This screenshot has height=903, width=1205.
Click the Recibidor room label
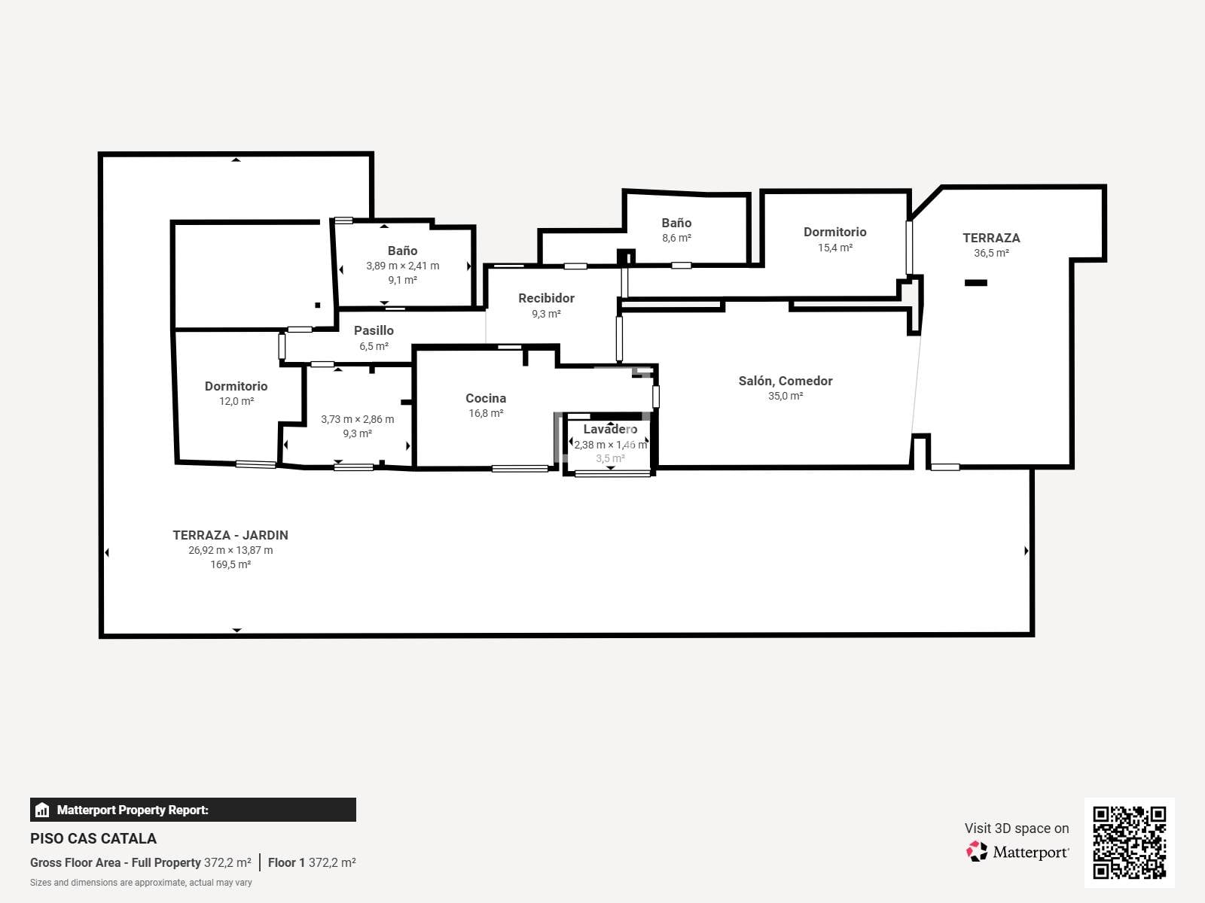[x=546, y=298]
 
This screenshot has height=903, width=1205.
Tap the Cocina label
[x=486, y=399]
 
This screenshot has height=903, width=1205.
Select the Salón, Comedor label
[x=785, y=381]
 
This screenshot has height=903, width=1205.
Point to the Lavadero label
[x=610, y=429]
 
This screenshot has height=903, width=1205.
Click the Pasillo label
[x=374, y=330]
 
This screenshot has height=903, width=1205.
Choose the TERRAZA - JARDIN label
[x=230, y=535]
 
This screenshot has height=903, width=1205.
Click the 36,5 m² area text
[x=991, y=254]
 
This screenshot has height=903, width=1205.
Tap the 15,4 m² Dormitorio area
[x=835, y=248]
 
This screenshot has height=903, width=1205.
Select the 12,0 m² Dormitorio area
[x=236, y=401]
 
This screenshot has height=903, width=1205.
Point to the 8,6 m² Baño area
[x=676, y=238]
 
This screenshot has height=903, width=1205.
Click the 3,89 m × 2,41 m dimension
[x=403, y=266]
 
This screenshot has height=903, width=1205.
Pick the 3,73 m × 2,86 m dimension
[x=358, y=419]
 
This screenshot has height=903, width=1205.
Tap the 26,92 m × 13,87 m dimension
[x=230, y=550]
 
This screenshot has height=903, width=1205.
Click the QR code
[x=1129, y=843]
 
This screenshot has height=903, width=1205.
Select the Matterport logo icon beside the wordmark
[x=977, y=852]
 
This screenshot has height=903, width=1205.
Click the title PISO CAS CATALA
[x=93, y=839]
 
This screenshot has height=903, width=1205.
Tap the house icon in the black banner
[x=42, y=810]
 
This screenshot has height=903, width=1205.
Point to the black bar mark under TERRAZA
[x=976, y=283]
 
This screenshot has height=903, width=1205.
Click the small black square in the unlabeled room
[x=317, y=306]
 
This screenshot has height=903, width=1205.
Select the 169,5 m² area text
[x=230, y=564]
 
